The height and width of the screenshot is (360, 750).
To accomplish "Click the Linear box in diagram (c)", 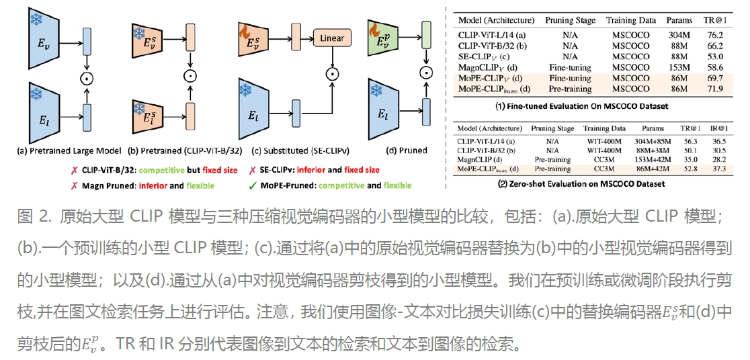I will tap(331, 38).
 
